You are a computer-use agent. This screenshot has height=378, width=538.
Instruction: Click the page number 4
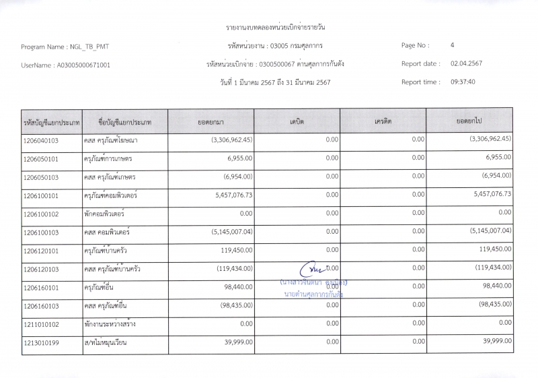coord(453,45)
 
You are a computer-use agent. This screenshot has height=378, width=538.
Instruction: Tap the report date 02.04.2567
coord(466,63)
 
